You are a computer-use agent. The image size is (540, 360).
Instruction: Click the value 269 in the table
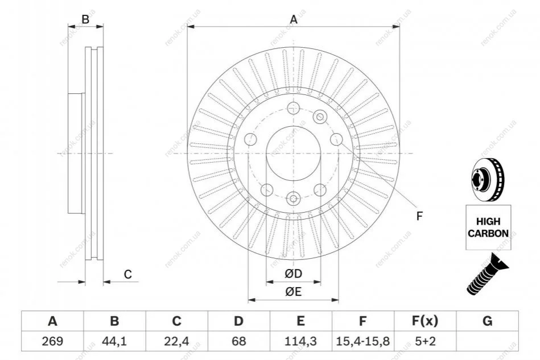[x=52, y=341]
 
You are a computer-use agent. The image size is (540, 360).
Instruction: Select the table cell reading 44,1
[x=114, y=341]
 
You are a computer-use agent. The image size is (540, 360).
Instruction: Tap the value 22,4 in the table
[x=176, y=341]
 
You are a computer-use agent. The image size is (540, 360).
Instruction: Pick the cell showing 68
[x=238, y=341]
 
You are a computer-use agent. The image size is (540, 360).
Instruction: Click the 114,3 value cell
[x=300, y=341]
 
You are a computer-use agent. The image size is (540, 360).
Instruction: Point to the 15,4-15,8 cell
[x=362, y=341]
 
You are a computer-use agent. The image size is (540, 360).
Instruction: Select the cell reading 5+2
[x=424, y=341]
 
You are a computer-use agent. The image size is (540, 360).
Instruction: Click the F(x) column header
[x=424, y=321]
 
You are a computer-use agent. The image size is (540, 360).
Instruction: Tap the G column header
[x=487, y=321]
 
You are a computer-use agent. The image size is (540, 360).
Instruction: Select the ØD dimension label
[x=293, y=274]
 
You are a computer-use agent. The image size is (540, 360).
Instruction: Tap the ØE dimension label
[x=293, y=292]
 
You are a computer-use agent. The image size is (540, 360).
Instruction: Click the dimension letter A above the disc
[x=294, y=20]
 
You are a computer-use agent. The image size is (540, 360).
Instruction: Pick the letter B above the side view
[x=85, y=19]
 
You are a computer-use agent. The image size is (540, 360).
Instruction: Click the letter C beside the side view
[x=128, y=275]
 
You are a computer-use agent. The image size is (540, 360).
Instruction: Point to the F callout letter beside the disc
[x=419, y=216]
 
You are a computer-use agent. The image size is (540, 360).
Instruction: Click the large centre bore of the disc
[x=294, y=154]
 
